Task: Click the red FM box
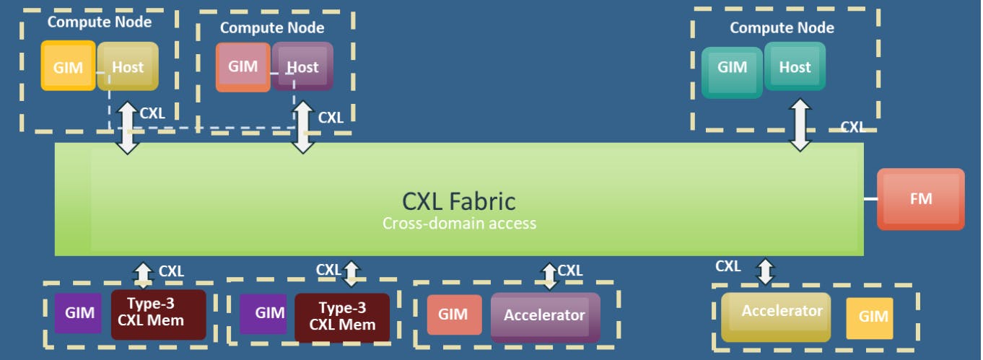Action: pyautogui.click(x=920, y=198)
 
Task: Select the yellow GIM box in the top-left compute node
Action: pyautogui.click(x=68, y=66)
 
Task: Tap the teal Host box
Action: pyautogui.click(x=795, y=67)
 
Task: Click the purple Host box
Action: pyautogui.click(x=302, y=66)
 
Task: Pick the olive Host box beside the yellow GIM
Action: pyautogui.click(x=128, y=66)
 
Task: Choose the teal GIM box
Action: pyautogui.click(x=732, y=68)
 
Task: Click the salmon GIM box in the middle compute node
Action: pyautogui.click(x=243, y=66)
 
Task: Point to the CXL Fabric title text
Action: pyautogui.click(x=458, y=200)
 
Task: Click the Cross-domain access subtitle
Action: pyautogui.click(x=459, y=223)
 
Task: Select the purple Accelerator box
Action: pyautogui.click(x=545, y=315)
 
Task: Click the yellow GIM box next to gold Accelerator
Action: pyautogui.click(x=870, y=317)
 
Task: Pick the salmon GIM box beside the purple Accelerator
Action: pyautogui.click(x=453, y=315)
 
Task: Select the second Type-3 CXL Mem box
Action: pyautogui.click(x=342, y=317)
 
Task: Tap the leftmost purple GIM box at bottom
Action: pyautogui.click(x=79, y=313)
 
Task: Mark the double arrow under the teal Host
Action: pyautogui.click(x=800, y=125)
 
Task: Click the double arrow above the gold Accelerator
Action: pyautogui.click(x=764, y=271)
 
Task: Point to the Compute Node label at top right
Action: pyautogui.click(x=782, y=28)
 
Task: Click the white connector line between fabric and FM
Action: pyautogui.click(x=870, y=198)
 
